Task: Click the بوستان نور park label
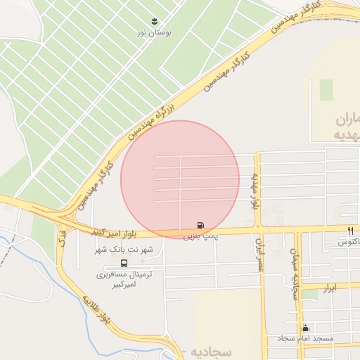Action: click(155, 32)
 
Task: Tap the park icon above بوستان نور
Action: click(155, 20)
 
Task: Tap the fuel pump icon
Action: click(201, 226)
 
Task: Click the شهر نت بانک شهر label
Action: click(124, 250)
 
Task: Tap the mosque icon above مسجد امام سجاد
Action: click(305, 328)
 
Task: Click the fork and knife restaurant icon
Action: click(350, 231)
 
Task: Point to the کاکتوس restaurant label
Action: click(349, 242)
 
